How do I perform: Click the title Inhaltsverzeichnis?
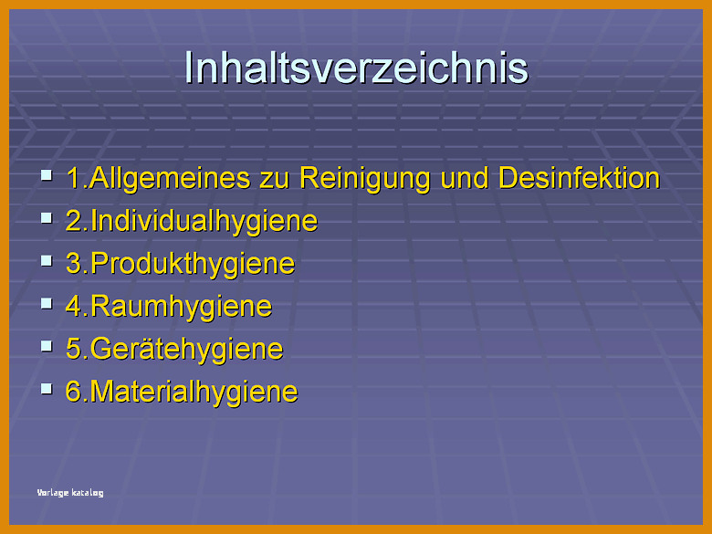click(x=356, y=68)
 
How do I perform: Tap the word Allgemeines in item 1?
click(x=170, y=178)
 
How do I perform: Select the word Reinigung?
click(x=364, y=178)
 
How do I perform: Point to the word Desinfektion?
click(x=579, y=178)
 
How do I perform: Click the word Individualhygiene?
click(x=204, y=222)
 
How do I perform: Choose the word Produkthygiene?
click(x=193, y=264)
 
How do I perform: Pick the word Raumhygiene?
click(x=181, y=307)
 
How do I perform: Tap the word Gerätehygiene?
click(x=186, y=350)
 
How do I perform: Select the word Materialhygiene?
click(x=194, y=392)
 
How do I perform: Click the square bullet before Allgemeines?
click(x=47, y=175)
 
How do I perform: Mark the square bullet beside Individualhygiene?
click(x=47, y=218)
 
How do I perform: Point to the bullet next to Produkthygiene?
click(x=47, y=261)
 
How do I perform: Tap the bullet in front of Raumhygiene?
click(x=47, y=303)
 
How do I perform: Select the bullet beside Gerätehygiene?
click(x=47, y=346)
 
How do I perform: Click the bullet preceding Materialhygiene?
click(x=47, y=389)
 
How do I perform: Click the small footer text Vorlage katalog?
click(x=70, y=493)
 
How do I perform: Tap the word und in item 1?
click(x=465, y=178)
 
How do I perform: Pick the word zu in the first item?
click(x=275, y=181)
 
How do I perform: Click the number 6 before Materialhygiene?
click(x=74, y=391)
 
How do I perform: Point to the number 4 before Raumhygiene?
click(x=74, y=306)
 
